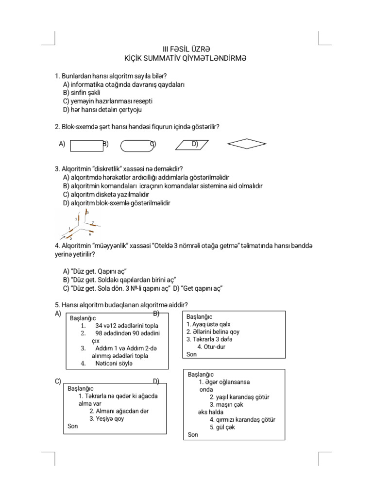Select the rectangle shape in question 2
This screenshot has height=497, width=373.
(x=86, y=146)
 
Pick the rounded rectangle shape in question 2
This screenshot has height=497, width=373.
(x=135, y=146)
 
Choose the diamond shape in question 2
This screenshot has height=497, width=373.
(x=247, y=144)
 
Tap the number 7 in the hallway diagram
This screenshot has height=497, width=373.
(x=93, y=222)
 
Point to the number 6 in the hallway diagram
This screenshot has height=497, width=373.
(x=90, y=234)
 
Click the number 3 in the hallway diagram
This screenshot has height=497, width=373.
(x=76, y=219)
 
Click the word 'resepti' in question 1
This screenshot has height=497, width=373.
(x=141, y=101)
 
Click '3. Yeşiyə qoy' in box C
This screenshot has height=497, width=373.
(x=106, y=418)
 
